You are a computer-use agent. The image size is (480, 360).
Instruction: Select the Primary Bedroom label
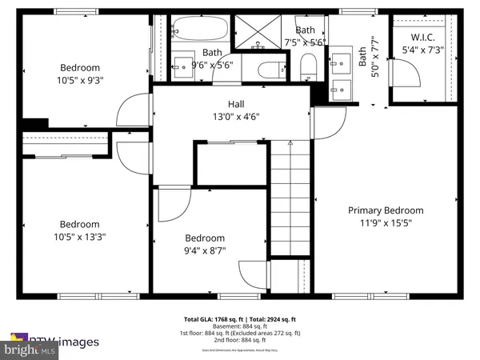point(385,210)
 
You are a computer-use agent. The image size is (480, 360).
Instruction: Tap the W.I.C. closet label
point(422,38)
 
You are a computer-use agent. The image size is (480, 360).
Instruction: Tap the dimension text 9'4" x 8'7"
point(205,250)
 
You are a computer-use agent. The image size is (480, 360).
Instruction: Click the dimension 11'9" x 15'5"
point(385,223)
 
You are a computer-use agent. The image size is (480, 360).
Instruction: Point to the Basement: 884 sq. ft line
point(239,326)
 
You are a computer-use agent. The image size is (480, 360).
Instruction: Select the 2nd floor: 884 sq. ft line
point(239,341)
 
